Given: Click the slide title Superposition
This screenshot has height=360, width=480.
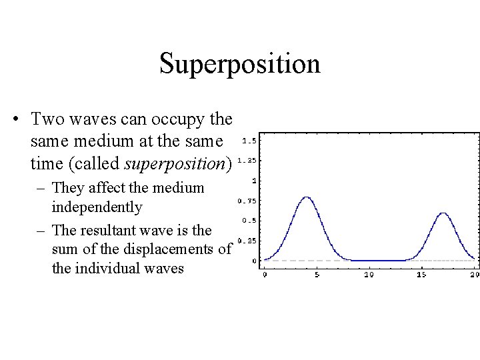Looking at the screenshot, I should pyautogui.click(x=240, y=64).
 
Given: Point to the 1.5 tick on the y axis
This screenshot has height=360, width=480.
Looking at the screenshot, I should pyautogui.click(x=250, y=141).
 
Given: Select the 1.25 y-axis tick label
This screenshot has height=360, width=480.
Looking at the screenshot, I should pyautogui.click(x=247, y=161).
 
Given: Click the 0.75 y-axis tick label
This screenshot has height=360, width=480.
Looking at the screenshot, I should pyautogui.click(x=247, y=201).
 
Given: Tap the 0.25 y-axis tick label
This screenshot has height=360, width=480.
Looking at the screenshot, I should pyautogui.click(x=247, y=241).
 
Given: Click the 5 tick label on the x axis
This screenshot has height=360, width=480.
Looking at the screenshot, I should pyautogui.click(x=317, y=274).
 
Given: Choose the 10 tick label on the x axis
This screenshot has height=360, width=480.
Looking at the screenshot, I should pyautogui.click(x=369, y=274).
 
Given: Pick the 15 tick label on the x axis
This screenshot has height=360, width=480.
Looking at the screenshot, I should pyautogui.click(x=421, y=274).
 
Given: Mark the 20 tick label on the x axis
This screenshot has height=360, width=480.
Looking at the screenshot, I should pyautogui.click(x=473, y=274).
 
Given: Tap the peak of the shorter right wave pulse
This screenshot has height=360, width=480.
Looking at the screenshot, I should pyautogui.click(x=443, y=213).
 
